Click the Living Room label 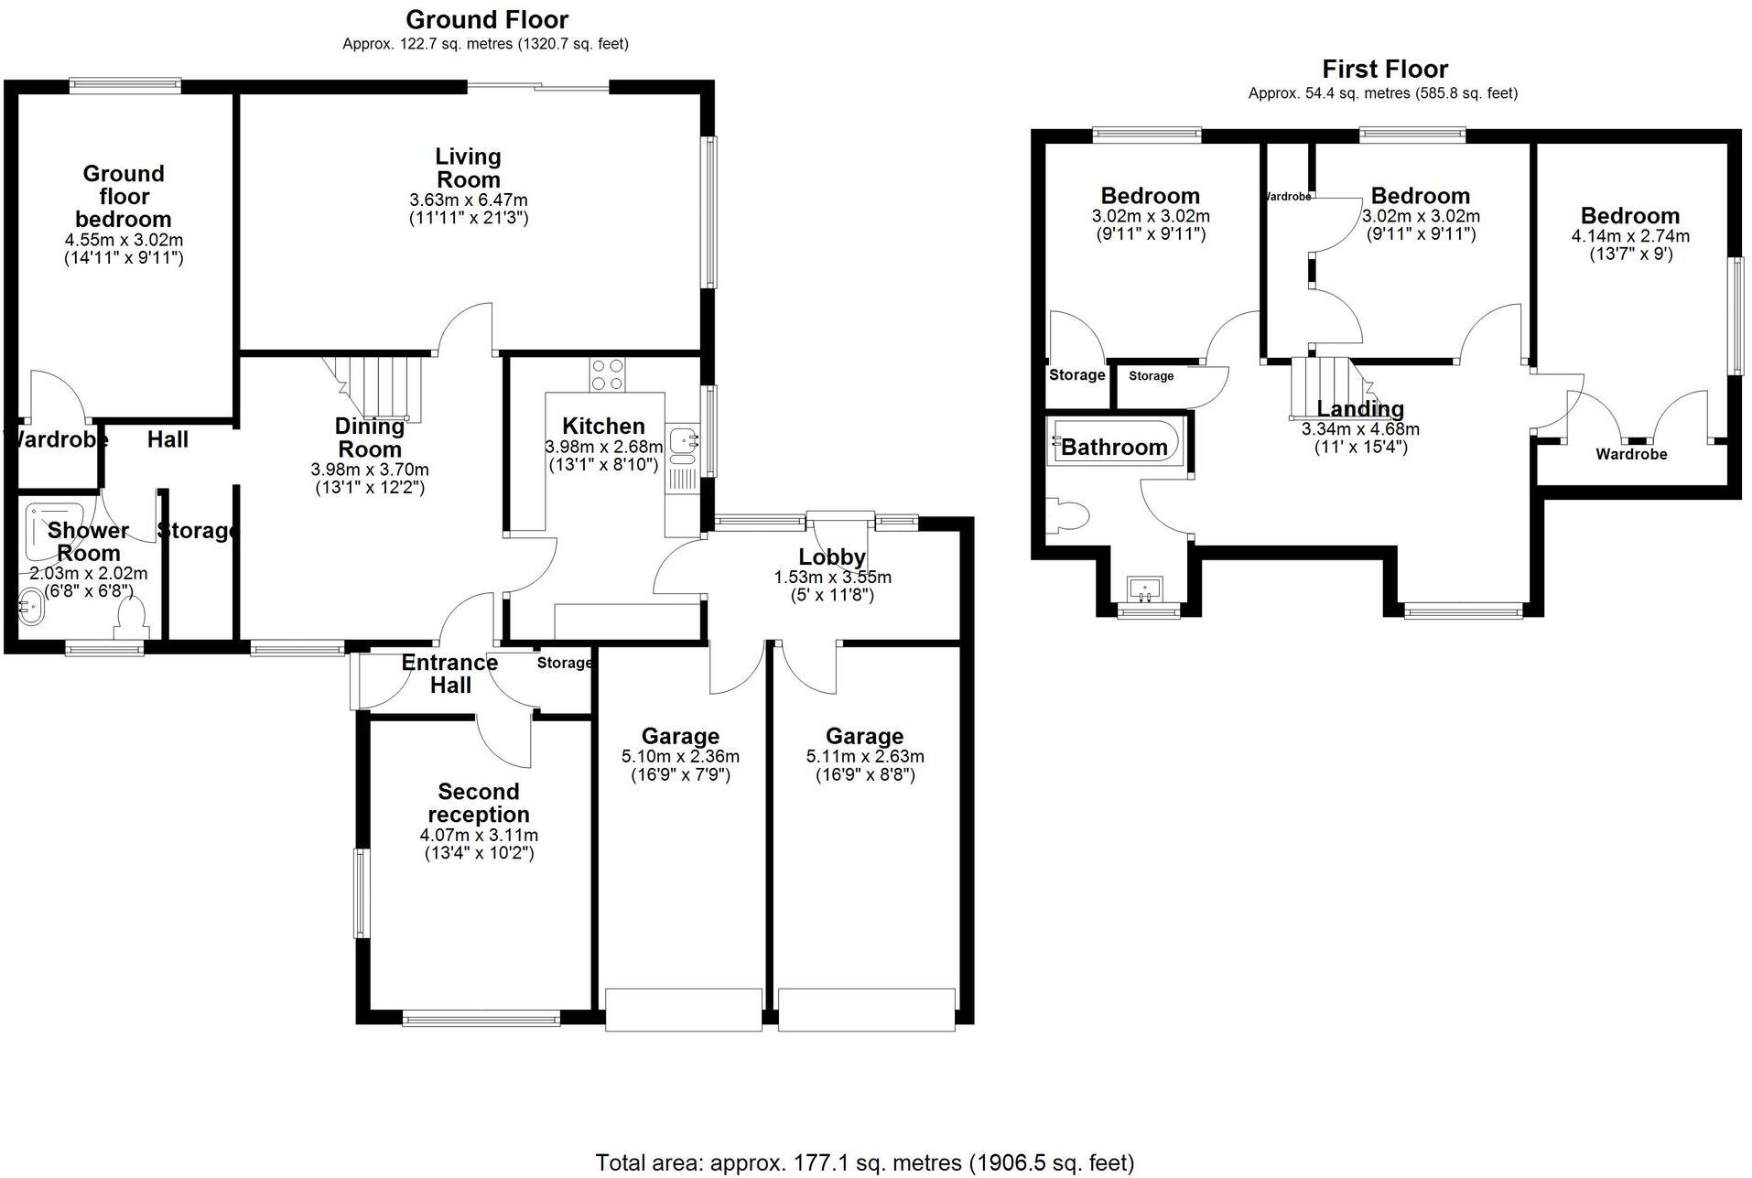468,168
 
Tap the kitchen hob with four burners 607,374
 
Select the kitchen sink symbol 682,442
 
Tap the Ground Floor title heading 487,19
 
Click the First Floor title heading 1384,70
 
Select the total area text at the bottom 864,1162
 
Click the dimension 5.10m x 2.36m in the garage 680,757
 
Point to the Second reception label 478,803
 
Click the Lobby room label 831,557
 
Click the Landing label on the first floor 1359,409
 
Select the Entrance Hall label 449,674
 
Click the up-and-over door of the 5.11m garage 866,1010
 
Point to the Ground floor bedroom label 124,196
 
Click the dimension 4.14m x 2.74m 1630,236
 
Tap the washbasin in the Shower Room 31,607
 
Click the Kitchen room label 603,426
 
